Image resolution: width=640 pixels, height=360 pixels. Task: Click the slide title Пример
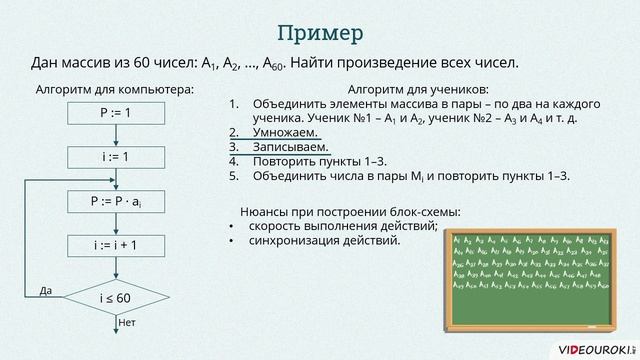pos(319,33)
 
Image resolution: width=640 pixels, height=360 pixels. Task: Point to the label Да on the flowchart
pos(45,291)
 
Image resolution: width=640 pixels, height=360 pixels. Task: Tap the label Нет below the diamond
pos(126,323)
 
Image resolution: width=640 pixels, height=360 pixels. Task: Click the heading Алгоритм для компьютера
pos(114,89)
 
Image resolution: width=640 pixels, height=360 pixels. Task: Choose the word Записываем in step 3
pos(291,147)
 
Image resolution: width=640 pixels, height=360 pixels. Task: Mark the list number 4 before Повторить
pos(233,161)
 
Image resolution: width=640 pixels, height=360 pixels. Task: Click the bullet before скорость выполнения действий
pos(233,226)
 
